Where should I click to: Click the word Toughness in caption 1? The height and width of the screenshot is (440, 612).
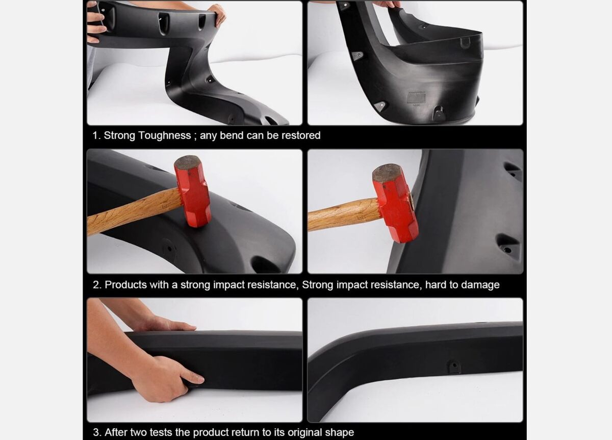point(164,136)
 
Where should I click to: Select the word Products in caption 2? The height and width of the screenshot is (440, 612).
point(125,285)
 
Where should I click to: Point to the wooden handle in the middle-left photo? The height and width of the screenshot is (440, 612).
point(134,211)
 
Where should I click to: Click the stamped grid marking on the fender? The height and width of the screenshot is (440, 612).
point(416,98)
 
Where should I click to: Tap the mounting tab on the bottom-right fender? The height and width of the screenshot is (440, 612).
point(454,367)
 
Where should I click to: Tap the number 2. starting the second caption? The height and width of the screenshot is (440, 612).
point(97,285)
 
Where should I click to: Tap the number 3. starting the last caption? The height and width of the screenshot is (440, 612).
point(97,433)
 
